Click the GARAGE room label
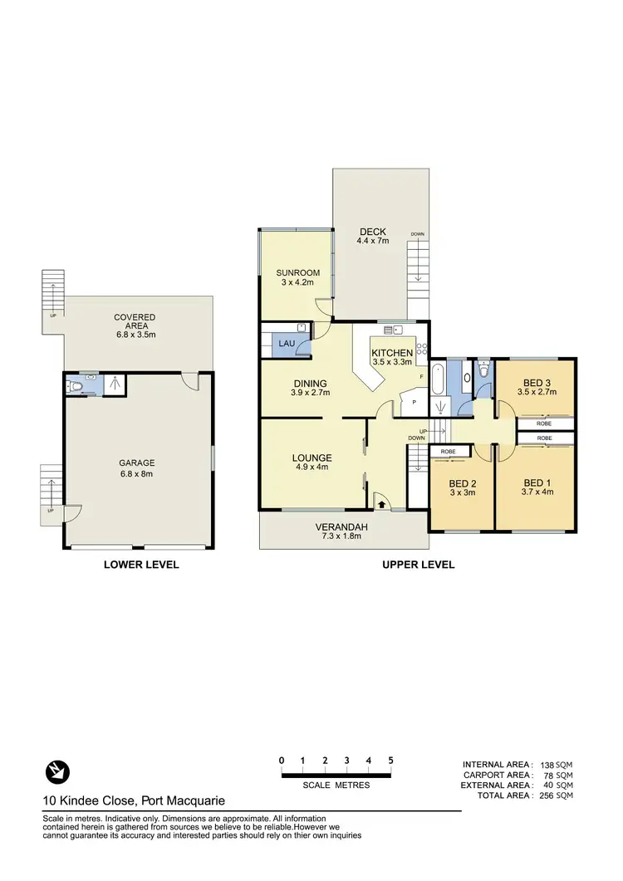point(137,463)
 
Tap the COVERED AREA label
point(135,317)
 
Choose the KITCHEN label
point(392,353)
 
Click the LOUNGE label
point(312,458)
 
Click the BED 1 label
point(537,482)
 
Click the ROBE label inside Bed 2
point(449,451)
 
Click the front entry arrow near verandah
point(382,502)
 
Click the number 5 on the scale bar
point(390,760)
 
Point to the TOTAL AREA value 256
point(548,795)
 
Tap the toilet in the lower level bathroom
point(76,386)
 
